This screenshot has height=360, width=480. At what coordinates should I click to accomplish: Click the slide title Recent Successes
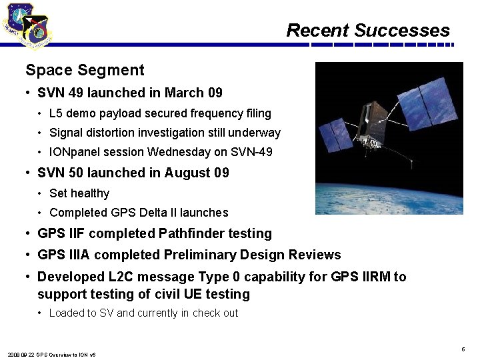click(368, 31)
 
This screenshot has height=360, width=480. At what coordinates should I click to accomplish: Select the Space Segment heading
click(85, 70)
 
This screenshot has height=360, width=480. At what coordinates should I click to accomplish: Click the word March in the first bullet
click(184, 93)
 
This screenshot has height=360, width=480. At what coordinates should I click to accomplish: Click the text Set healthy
click(79, 193)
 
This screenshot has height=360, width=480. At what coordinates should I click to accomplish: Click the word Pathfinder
click(193, 233)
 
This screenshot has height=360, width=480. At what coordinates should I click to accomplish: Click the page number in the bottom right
click(463, 349)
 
